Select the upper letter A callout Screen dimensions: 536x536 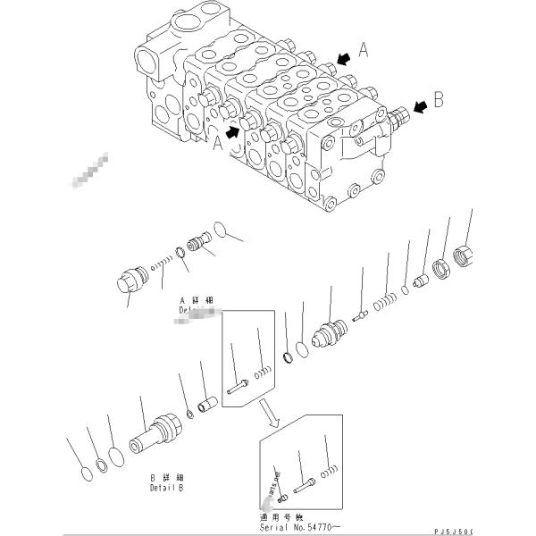(363, 53)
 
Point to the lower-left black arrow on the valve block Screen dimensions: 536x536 (234, 131)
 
